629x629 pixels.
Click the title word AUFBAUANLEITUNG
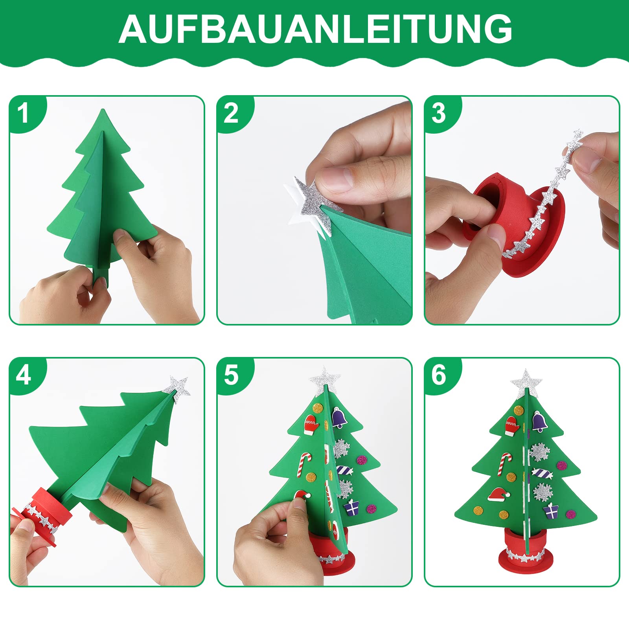(x=315, y=29)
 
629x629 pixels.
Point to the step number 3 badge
(x=439, y=113)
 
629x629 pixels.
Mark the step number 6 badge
(x=439, y=375)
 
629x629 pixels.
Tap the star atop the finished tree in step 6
(x=526, y=383)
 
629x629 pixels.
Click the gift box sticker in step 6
(x=551, y=510)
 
